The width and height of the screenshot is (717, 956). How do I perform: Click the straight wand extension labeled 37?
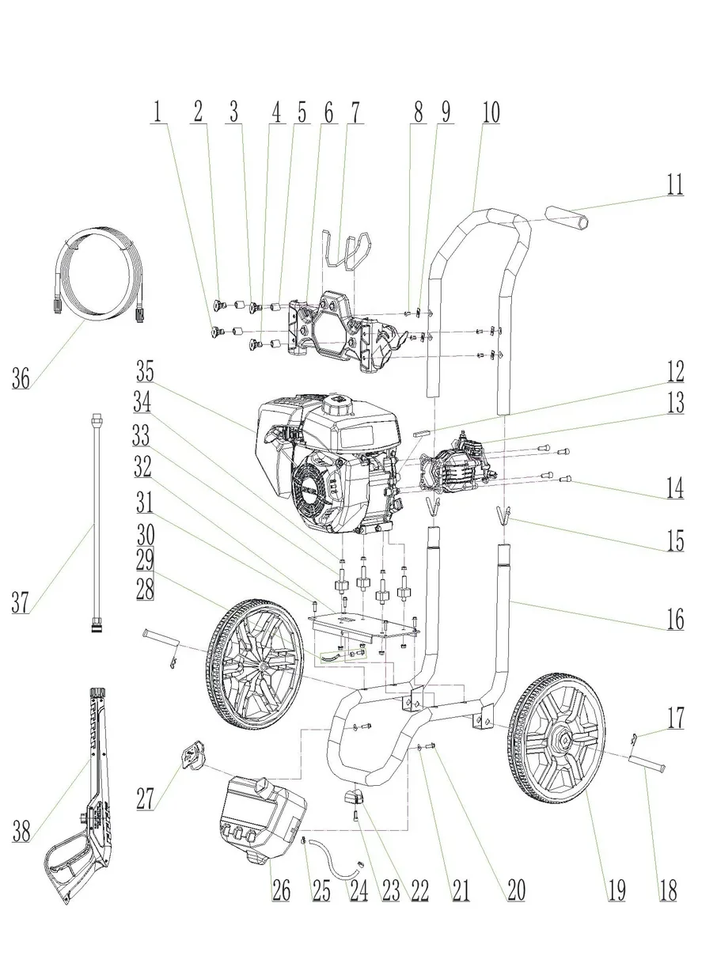coord(96,522)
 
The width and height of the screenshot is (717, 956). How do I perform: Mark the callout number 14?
coord(673,487)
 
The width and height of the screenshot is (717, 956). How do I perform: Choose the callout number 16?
coord(673,618)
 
